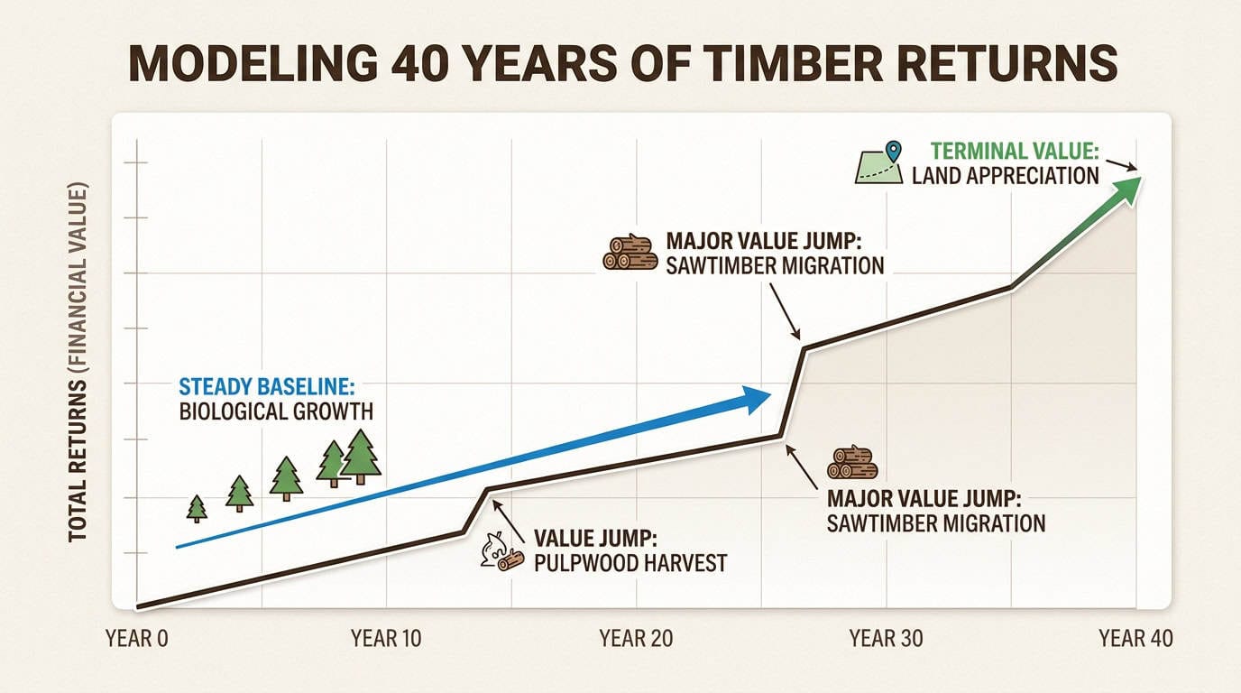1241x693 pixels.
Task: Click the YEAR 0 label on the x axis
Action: pos(137,639)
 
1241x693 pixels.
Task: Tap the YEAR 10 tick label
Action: pos(386,639)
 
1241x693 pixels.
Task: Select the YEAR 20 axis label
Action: pos(636,639)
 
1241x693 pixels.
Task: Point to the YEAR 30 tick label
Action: pos(886,639)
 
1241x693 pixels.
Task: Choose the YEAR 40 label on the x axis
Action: pos(1135,639)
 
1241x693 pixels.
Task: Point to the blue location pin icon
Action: pos(894,152)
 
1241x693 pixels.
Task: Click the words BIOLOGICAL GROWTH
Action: pos(276,412)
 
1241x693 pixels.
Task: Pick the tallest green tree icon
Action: pos(361,456)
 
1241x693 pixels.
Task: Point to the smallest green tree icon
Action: pos(197,509)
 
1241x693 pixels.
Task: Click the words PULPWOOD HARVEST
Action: pos(630,564)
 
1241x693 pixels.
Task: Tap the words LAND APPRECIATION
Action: pos(1005,175)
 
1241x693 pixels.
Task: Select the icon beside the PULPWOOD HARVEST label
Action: pos(501,551)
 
